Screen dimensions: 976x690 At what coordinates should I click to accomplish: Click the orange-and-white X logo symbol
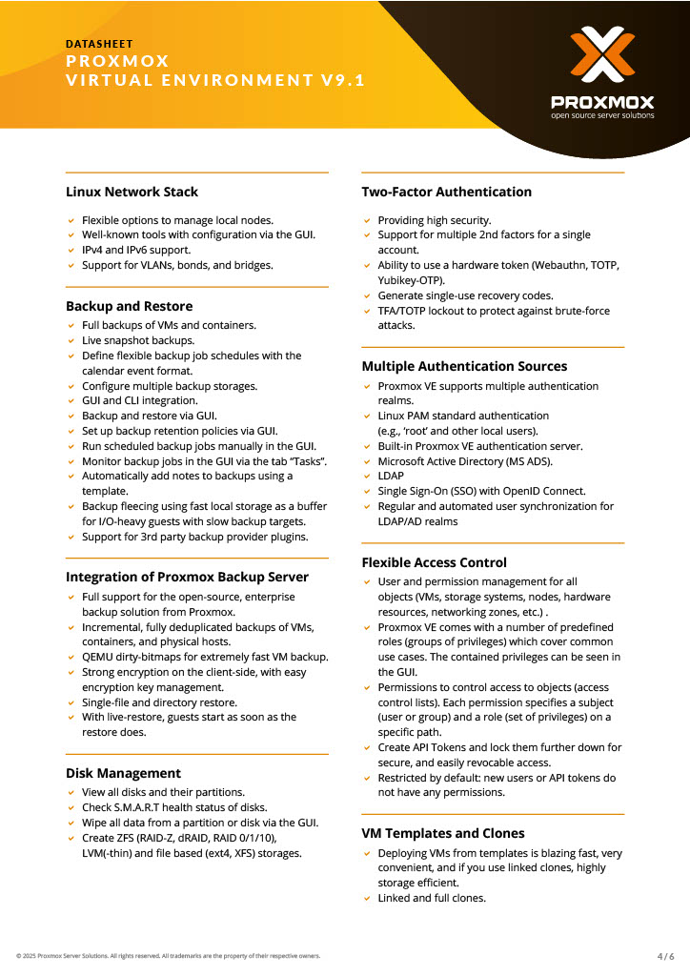[x=602, y=56]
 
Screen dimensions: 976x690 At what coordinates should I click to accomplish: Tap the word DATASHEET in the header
[x=99, y=44]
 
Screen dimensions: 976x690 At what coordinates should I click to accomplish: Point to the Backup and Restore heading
[x=129, y=306]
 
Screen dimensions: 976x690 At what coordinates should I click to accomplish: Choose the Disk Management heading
[x=123, y=773]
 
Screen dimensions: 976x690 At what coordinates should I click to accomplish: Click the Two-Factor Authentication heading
[x=446, y=192]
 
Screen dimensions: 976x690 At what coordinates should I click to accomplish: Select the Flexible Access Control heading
[x=434, y=562]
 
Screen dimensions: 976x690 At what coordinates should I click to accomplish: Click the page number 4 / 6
[x=665, y=956]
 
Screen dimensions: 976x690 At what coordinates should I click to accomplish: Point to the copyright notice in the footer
[x=168, y=956]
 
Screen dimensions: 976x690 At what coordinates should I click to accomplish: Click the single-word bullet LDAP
[x=391, y=476]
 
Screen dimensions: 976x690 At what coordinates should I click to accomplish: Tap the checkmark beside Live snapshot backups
[x=71, y=341]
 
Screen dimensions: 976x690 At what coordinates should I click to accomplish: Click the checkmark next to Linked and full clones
[x=367, y=899]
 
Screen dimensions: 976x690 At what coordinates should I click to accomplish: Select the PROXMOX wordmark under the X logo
[x=602, y=101]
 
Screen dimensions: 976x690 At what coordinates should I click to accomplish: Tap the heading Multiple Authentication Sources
[x=464, y=366]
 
